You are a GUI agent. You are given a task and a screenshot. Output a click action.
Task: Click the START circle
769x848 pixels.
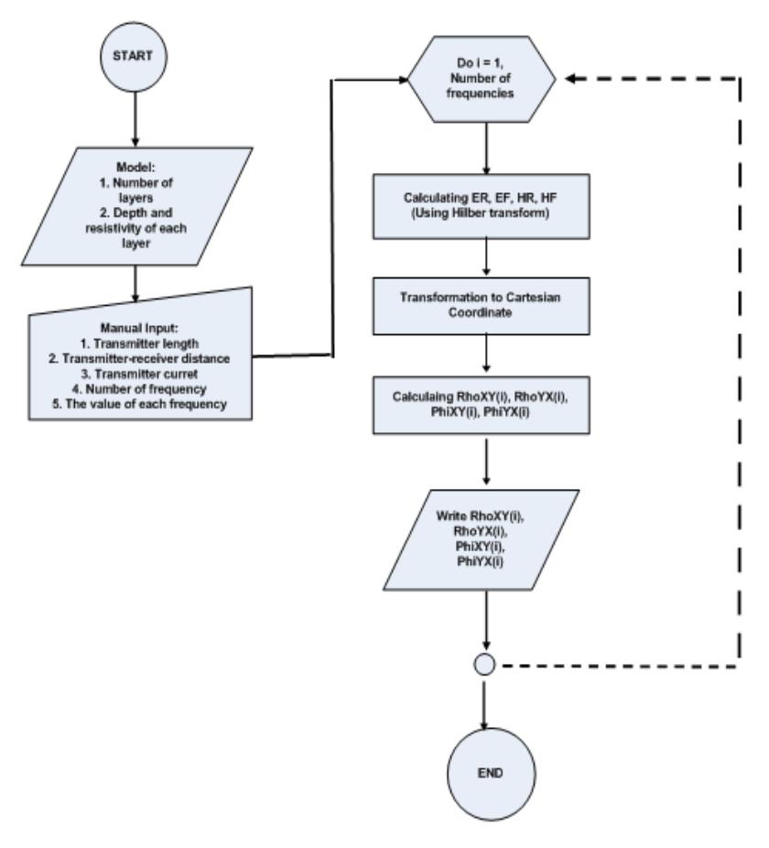pyautogui.click(x=134, y=56)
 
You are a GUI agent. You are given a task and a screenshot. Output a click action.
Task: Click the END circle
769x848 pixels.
pyautogui.click(x=491, y=774)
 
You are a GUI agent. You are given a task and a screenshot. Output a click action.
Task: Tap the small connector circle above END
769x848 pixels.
pyautogui.click(x=484, y=665)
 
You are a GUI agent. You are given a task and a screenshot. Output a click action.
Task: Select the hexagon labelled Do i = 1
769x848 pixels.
pyautogui.click(x=482, y=79)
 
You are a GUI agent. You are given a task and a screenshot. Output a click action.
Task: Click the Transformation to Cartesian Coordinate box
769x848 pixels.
pyautogui.click(x=482, y=306)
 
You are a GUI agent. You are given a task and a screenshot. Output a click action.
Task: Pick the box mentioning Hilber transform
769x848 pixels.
pyautogui.click(x=482, y=206)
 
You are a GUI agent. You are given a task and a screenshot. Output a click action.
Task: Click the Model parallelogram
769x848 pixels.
pyautogui.click(x=136, y=206)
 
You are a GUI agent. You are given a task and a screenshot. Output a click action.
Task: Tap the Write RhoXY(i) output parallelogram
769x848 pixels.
pyautogui.click(x=482, y=539)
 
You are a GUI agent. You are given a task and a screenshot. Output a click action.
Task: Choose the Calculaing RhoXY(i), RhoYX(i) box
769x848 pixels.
pyautogui.click(x=482, y=405)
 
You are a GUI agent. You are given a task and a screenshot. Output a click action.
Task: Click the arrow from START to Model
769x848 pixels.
pyautogui.click(x=135, y=119)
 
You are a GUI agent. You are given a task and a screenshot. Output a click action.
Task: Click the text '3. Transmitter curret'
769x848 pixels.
pyautogui.click(x=139, y=374)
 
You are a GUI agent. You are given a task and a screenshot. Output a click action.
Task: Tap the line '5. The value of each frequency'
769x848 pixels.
pyautogui.click(x=139, y=404)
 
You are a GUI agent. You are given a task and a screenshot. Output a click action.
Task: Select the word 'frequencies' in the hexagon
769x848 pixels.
pyautogui.click(x=481, y=93)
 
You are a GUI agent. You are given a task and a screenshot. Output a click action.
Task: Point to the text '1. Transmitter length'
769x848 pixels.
pyautogui.click(x=139, y=343)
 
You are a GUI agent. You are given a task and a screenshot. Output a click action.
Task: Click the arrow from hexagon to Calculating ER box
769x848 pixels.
pyautogui.click(x=486, y=148)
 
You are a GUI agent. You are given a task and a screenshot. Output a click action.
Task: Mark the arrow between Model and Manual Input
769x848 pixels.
pyautogui.click(x=135, y=283)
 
